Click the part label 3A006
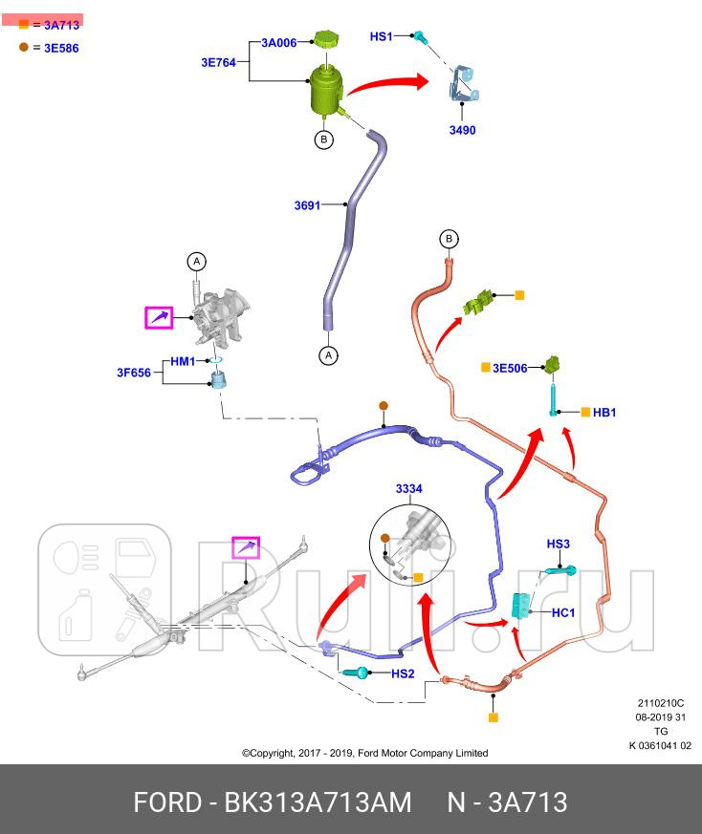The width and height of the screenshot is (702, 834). click(279, 43)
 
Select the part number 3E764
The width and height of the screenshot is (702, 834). click(219, 62)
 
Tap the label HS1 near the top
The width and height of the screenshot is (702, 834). click(381, 36)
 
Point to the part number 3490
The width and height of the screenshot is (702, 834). click(462, 130)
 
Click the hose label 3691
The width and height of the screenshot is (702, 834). click(307, 204)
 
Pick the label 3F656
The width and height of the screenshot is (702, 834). click(134, 373)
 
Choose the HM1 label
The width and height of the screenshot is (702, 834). click(183, 361)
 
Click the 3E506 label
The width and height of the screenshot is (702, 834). click(510, 367)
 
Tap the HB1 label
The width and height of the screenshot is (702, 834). click(604, 413)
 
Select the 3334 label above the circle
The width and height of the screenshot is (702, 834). click(408, 489)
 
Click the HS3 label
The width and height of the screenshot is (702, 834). click(559, 544)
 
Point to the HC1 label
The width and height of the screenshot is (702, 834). click(563, 612)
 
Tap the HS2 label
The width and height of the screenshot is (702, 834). click(403, 674)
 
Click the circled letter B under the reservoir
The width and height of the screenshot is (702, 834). click(323, 139)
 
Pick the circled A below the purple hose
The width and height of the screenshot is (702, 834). click(328, 355)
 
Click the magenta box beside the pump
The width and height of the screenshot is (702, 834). click(158, 317)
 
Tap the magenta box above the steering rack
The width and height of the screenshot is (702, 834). click(246, 548)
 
